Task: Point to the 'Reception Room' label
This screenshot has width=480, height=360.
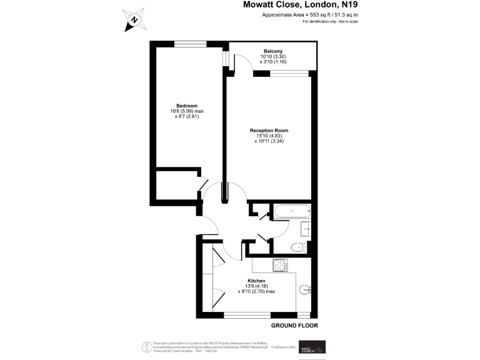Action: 269,131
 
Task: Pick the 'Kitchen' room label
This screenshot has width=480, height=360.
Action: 257,281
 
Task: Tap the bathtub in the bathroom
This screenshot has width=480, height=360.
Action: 291,211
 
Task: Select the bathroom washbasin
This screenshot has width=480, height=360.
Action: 307,229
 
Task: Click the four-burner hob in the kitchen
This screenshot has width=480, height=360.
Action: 279,265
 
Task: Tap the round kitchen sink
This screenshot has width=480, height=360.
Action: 304,289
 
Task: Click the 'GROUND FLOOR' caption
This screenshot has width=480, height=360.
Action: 294,326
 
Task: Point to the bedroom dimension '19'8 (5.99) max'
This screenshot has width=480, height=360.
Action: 187,111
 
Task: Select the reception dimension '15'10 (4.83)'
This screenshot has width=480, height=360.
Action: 269,136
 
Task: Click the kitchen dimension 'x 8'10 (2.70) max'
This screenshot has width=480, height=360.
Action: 257,291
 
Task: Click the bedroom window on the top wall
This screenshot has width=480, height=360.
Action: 190,43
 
